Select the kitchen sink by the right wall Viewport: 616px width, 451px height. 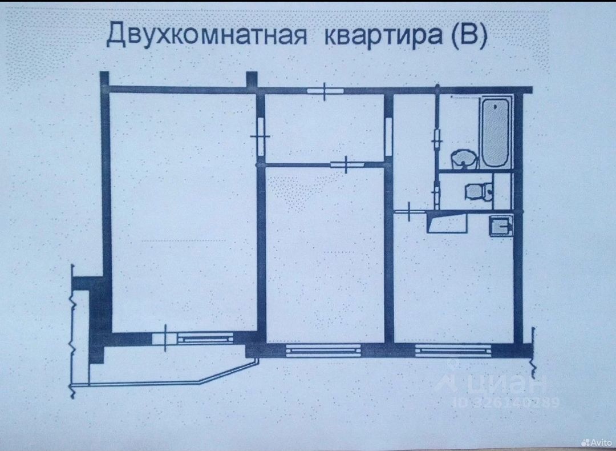(501, 227)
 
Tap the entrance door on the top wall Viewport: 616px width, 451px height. (323, 91)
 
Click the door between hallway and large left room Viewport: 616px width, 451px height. (261, 136)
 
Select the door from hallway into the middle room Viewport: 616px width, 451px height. (347, 164)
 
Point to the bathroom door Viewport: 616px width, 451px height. (437, 137)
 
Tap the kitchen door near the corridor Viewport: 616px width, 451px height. (410, 212)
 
